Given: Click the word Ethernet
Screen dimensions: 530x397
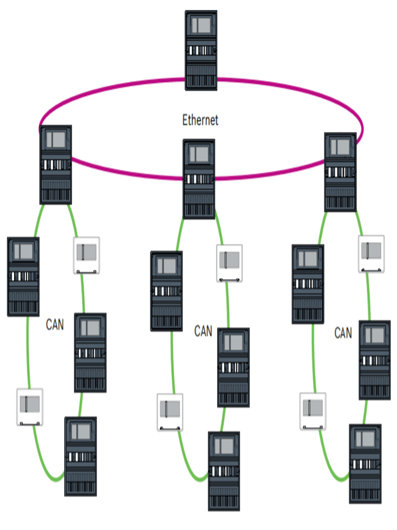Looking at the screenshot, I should [200, 120].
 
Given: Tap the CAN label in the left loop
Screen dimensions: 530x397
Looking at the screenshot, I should [55, 325].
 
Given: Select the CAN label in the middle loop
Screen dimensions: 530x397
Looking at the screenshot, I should [203, 331].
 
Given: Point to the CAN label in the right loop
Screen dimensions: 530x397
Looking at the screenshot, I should [343, 333].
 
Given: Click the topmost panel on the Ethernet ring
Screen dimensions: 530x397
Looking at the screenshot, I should [201, 50].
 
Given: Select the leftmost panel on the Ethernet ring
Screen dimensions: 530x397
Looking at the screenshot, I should [56, 165].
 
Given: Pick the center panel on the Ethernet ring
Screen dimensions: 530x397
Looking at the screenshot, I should [199, 179].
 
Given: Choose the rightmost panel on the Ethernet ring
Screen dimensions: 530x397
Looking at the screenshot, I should [340, 172].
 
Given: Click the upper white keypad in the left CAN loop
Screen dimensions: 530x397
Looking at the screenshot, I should [86, 255].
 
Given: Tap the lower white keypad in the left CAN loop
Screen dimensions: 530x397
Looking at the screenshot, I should [29, 407].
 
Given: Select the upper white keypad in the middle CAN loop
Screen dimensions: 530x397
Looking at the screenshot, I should [229, 263].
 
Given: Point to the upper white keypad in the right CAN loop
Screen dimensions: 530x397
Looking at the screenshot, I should [372, 254].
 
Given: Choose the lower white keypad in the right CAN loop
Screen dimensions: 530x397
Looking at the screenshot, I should [313, 411].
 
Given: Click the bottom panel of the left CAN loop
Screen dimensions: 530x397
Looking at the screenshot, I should [80, 456].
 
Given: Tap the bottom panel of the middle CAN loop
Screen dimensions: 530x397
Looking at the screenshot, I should [224, 471].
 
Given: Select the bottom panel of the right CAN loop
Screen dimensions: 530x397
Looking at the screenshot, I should [365, 464].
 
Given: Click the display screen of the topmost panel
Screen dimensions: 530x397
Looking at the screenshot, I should [201, 25].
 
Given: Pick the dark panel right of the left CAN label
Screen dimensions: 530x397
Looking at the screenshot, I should [90, 352].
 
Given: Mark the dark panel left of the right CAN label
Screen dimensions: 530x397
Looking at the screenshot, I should [308, 284].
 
